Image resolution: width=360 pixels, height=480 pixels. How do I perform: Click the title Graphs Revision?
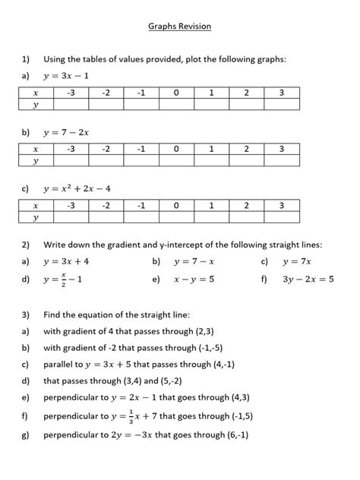click(179, 27)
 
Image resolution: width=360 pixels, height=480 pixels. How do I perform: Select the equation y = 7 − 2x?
click(67, 132)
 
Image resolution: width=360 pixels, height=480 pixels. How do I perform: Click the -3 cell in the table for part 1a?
click(71, 93)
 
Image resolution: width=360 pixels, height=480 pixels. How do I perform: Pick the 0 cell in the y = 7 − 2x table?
click(175, 150)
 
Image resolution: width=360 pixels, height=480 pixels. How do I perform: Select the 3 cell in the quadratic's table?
click(282, 205)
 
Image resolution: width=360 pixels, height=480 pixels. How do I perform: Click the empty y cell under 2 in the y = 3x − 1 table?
click(246, 106)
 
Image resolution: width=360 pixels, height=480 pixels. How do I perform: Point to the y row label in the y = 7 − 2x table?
click(36, 162)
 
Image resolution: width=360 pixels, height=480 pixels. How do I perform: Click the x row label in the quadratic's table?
click(36, 205)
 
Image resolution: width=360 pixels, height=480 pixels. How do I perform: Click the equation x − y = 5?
click(194, 279)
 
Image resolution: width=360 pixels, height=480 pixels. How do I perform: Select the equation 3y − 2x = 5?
click(307, 279)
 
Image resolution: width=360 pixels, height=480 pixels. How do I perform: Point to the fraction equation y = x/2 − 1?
click(65, 279)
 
